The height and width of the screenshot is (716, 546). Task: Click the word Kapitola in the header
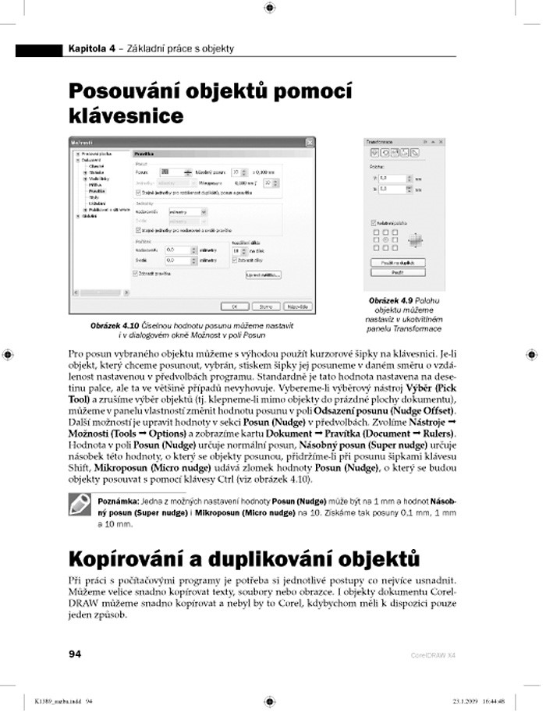pos(87,49)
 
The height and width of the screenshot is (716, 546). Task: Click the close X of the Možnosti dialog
pos(310,142)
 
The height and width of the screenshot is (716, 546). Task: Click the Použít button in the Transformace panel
pos(395,272)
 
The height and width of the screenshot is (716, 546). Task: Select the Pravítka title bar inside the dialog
pos(222,154)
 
